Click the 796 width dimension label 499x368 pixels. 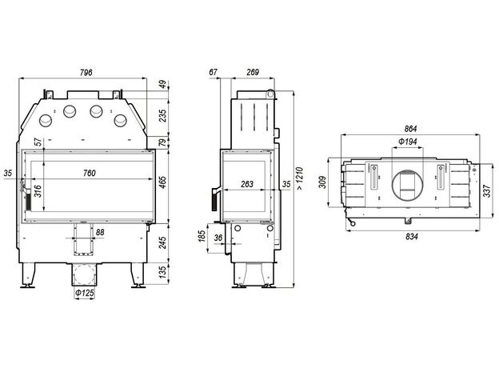(86, 73)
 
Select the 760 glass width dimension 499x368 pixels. (89, 173)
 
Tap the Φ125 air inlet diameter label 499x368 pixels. (85, 293)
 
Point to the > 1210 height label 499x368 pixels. (300, 178)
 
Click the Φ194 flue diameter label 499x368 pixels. (408, 141)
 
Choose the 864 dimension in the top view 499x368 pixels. (410, 129)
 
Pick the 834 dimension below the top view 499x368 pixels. (412, 237)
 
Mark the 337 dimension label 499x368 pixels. (487, 190)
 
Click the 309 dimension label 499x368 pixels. (323, 182)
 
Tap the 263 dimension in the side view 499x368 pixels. (247, 184)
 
